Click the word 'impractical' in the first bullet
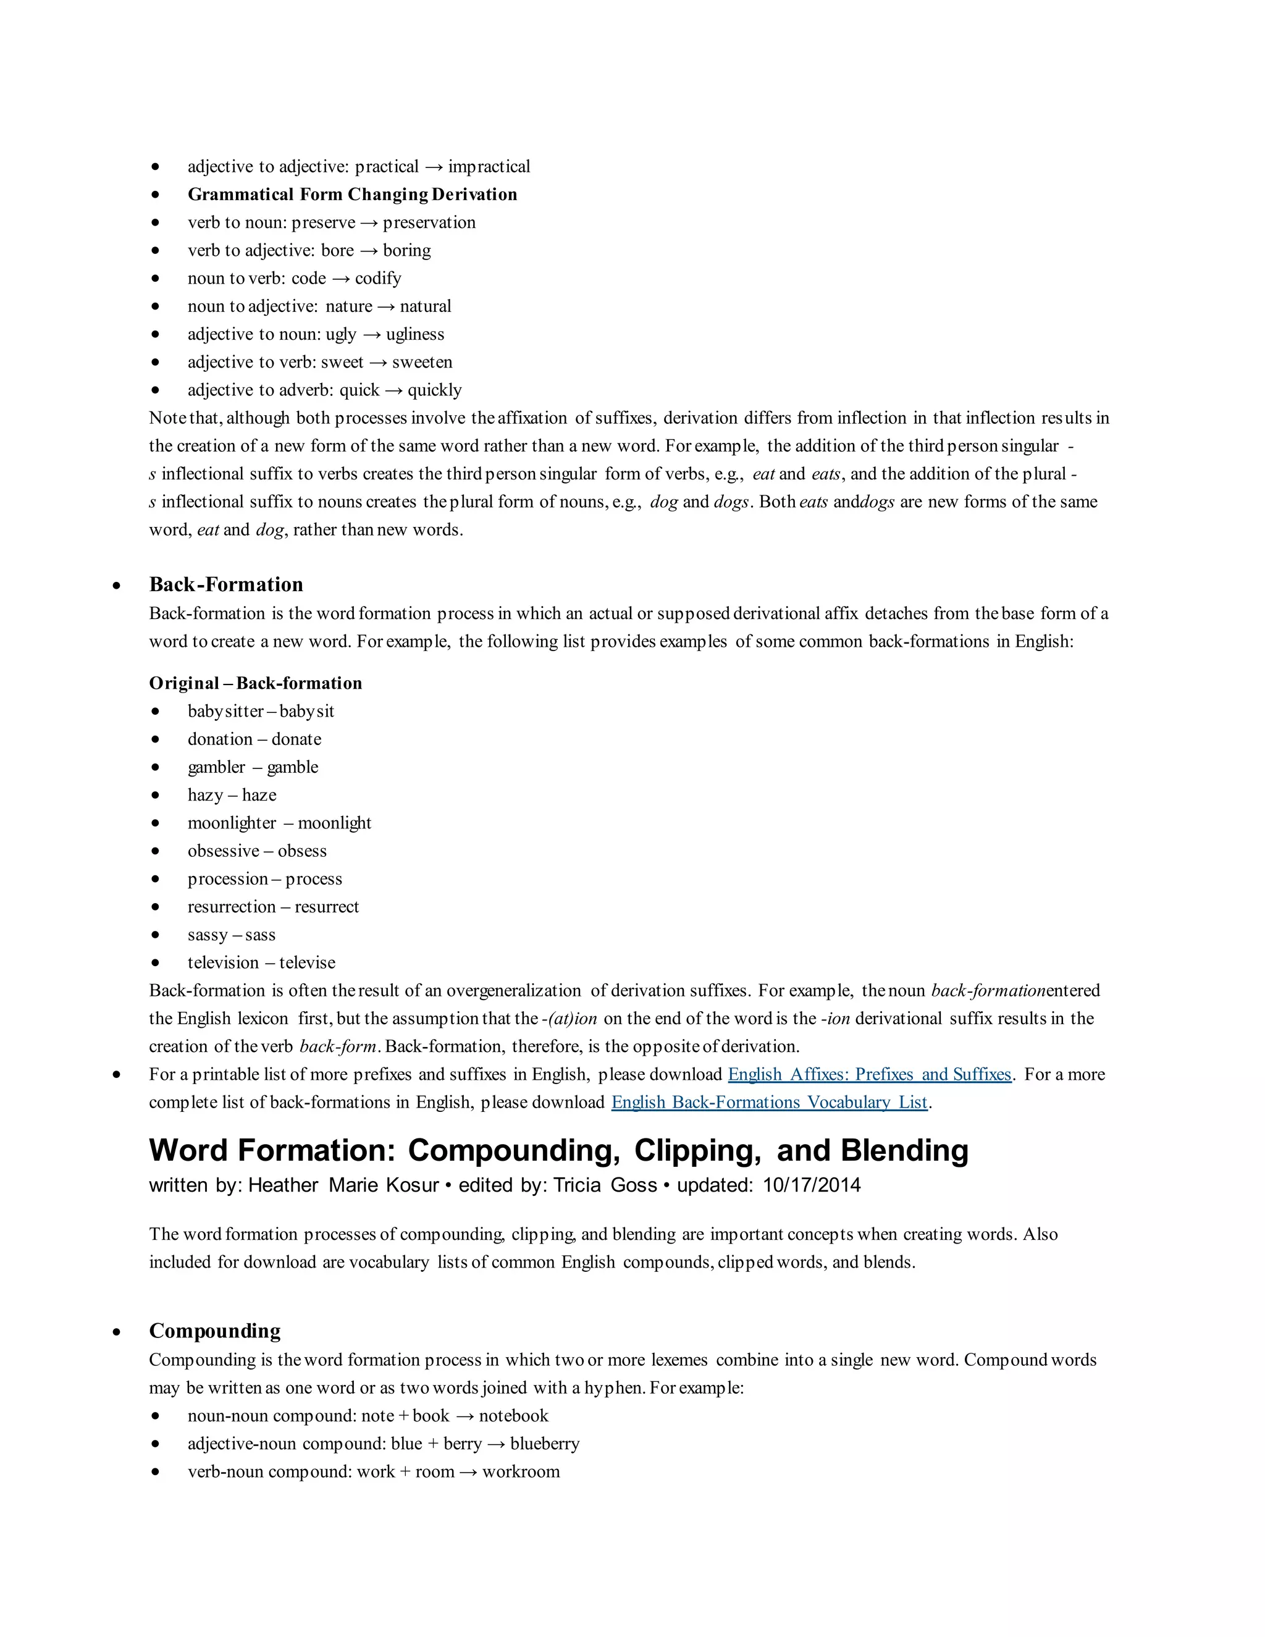tap(489, 166)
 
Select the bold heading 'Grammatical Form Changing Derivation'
tap(352, 194)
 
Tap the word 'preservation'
tap(429, 222)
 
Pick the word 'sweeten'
tap(422, 362)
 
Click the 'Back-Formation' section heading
tap(225, 584)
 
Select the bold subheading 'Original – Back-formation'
tap(255, 683)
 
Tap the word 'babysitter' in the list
tap(225, 711)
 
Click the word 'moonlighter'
tap(232, 823)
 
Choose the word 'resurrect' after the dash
tap(327, 907)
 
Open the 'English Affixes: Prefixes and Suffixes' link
tap(869, 1074)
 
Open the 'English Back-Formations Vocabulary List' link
tap(769, 1102)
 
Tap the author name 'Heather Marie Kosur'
tap(343, 1185)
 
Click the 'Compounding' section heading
tap(214, 1331)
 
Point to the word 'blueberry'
tap(544, 1444)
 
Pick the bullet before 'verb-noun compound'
tap(155, 1472)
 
